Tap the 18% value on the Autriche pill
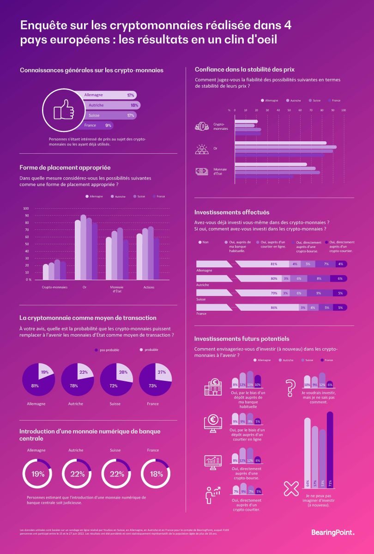tap(134, 105)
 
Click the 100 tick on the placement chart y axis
tap(26, 208)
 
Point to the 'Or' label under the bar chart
tap(84, 287)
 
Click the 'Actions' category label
tap(149, 287)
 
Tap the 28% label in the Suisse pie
tap(123, 373)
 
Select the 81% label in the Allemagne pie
tap(34, 385)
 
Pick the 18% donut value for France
tap(157, 474)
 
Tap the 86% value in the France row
tap(274, 307)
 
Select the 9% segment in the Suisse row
tap(319, 293)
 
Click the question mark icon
tap(290, 387)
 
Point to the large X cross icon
tap(291, 488)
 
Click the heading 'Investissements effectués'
tap(232, 212)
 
